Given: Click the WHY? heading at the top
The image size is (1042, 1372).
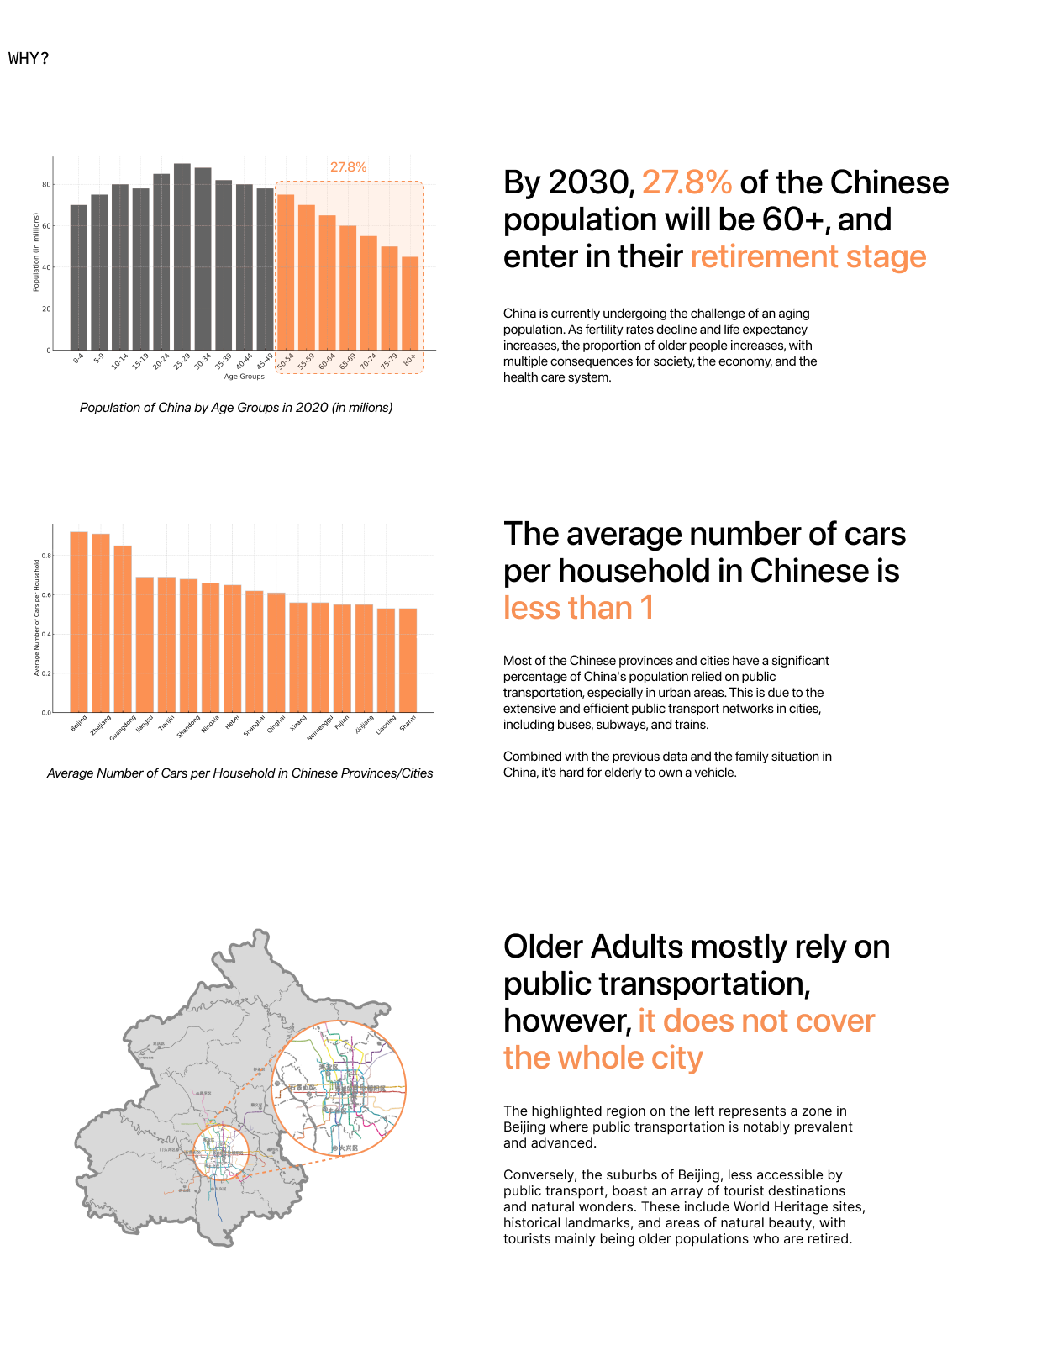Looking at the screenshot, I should [29, 58].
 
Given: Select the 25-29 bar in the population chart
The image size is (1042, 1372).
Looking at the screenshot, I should [182, 256].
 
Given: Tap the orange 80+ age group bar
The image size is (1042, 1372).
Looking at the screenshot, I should [410, 303].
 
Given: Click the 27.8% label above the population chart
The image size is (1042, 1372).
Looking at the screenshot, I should [348, 167].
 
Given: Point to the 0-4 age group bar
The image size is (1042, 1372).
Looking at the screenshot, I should [78, 277].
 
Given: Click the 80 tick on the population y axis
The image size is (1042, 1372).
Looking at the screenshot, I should [46, 184].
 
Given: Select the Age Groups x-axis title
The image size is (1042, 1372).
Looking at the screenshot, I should [245, 377].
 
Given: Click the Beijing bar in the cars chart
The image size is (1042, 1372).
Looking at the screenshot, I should [79, 622].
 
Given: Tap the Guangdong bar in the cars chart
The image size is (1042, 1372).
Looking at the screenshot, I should [123, 629].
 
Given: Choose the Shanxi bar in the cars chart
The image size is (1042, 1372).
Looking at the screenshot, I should [408, 660].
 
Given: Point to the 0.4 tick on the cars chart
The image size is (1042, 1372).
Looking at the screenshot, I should [46, 634].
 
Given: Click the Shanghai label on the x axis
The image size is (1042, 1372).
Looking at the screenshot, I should [254, 726].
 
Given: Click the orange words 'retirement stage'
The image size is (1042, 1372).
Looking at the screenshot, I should [808, 256].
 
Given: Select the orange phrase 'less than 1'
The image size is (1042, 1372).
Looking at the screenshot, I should [578, 608].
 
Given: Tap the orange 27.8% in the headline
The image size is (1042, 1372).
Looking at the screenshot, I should [687, 182].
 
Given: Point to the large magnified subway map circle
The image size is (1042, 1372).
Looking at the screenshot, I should [339, 1088].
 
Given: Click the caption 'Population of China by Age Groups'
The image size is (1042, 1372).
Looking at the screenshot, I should [236, 408].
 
